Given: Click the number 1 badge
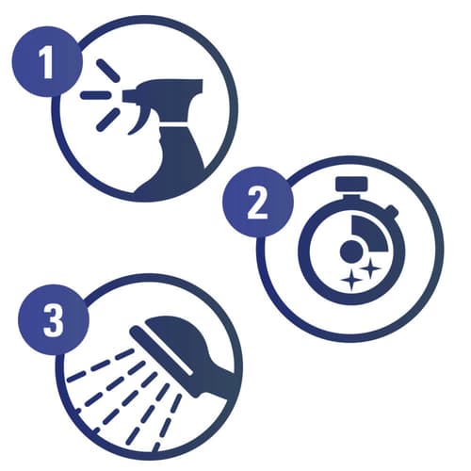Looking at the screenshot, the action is (47, 61).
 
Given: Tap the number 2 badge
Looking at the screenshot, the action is (258, 202).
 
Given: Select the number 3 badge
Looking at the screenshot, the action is (54, 319).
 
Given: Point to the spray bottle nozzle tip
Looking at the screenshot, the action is (125, 96).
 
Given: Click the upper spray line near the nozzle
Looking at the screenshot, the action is (108, 71).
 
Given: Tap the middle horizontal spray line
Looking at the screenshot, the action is (96, 95).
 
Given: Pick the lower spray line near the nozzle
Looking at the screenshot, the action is (108, 120).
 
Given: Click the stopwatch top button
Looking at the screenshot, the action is (351, 184).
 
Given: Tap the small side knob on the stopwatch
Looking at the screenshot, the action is (392, 210).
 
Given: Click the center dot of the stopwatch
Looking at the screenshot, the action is (351, 252).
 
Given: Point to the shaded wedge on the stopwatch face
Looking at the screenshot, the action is (369, 233).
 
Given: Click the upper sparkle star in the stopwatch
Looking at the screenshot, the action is (370, 268).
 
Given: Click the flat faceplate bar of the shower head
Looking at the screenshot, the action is (161, 350).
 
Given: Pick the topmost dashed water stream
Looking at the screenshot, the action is (100, 365).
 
